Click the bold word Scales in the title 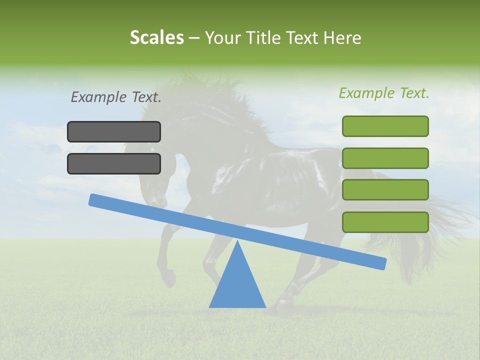[156, 38]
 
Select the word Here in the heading [342, 38]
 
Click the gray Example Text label [116, 97]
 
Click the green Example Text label [384, 93]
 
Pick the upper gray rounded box [114, 131]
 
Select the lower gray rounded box [114, 163]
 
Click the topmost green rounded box [385, 126]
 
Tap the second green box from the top [385, 158]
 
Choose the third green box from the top [385, 189]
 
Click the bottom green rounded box [385, 222]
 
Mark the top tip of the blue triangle [237, 242]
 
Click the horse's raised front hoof [170, 280]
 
